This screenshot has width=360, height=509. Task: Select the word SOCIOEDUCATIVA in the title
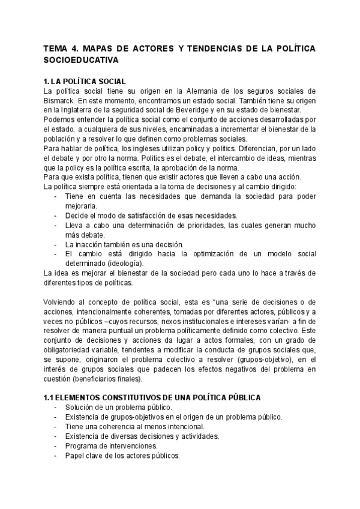tap(82, 60)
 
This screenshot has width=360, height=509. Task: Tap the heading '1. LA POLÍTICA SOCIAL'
tap(85, 81)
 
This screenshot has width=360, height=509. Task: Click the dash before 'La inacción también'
tap(56, 244)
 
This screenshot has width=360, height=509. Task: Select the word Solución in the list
tap(80, 408)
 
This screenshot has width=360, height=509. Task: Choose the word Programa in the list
tap(82, 446)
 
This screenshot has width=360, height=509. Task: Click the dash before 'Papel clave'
tap(56, 456)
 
